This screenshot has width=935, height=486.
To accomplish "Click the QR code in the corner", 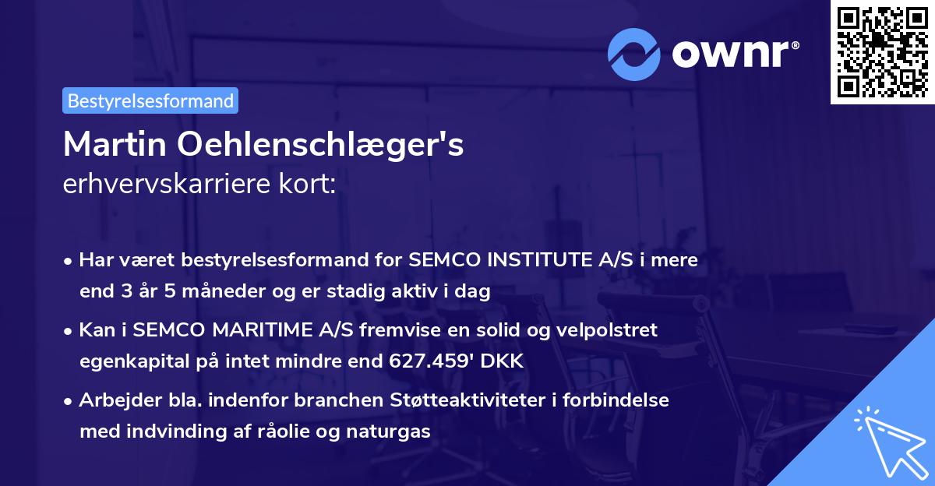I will [x=882, y=51].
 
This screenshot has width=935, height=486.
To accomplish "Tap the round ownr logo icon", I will [x=634, y=55].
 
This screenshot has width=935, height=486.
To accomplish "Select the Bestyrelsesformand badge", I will [x=150, y=100].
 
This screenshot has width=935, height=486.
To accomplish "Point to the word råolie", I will [x=291, y=431].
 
